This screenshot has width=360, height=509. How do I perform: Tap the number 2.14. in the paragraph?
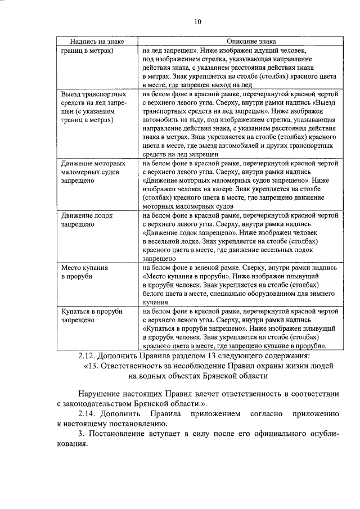(x=88, y=414)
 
